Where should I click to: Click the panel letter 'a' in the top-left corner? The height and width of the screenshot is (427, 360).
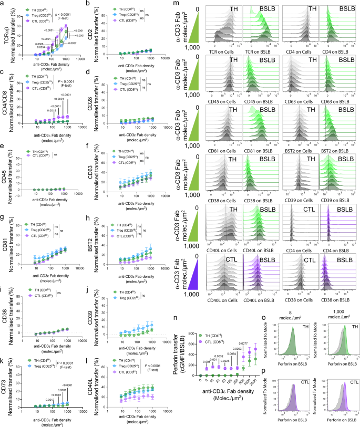[3, 4]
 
